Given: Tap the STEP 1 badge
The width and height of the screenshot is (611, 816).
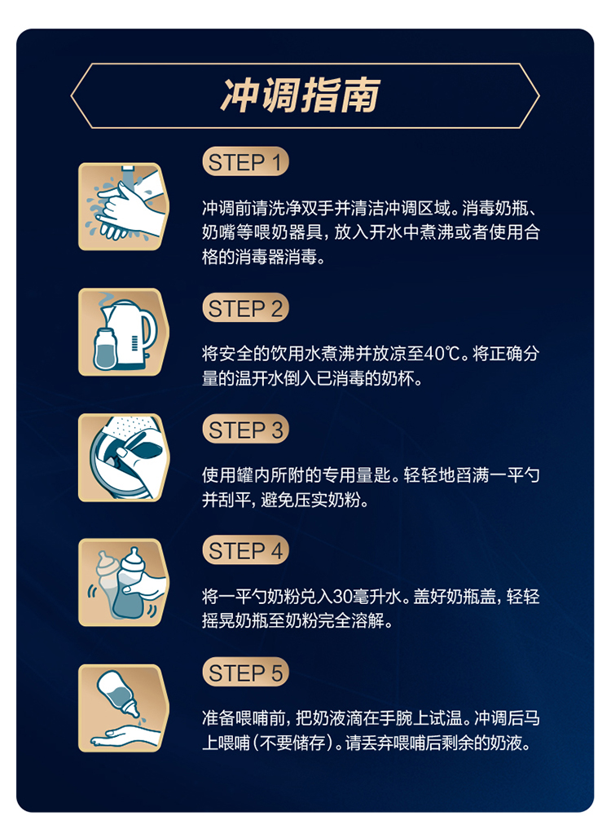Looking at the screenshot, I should click(245, 162).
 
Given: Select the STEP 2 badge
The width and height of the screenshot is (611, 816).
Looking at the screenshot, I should click(245, 309).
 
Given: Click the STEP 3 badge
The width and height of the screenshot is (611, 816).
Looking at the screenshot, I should click(245, 430).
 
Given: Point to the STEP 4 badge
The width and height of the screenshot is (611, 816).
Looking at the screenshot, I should click(245, 551).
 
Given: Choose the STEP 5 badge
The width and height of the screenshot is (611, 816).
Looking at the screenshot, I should click(245, 673).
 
